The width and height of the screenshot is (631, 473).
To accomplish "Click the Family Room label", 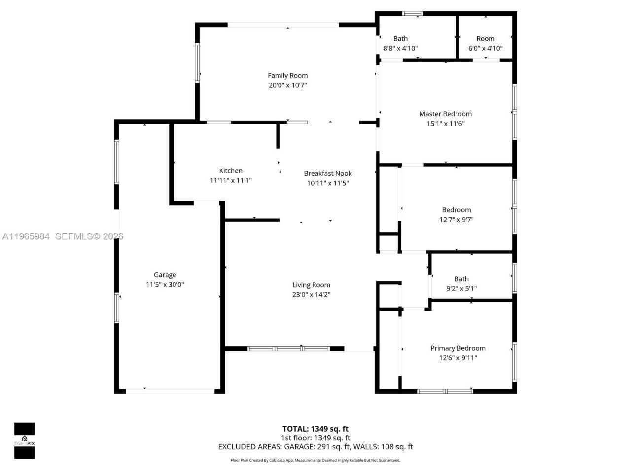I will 287,75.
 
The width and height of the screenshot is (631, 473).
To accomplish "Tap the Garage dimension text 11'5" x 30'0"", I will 165,285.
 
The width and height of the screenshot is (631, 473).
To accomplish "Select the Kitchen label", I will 231,171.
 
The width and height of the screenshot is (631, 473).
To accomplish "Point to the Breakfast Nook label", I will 328,173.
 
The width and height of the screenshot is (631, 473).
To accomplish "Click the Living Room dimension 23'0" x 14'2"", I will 311,295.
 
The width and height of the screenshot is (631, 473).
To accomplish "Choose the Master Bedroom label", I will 446,114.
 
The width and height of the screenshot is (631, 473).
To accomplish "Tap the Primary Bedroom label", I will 458,348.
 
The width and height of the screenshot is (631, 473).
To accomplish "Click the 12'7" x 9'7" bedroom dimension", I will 456,220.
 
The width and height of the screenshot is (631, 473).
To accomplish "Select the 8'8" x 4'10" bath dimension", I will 400,48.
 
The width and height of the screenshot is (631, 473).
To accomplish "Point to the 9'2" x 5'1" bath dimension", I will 461,289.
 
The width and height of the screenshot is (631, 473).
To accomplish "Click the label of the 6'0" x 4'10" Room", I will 486,38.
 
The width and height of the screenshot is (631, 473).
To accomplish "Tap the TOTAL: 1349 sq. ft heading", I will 315,429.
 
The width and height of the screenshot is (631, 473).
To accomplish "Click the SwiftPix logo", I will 24,440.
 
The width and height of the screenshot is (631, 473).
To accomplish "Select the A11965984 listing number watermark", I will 26,236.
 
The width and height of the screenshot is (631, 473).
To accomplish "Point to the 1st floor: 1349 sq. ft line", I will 315,438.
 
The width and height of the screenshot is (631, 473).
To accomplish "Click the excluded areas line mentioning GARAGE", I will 315,447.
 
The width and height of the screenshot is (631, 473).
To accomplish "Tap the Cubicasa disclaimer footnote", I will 315,460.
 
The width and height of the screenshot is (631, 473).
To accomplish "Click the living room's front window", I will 288,349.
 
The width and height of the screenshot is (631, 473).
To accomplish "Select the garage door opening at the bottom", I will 170,392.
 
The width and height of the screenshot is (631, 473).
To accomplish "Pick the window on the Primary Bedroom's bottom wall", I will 445,391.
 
